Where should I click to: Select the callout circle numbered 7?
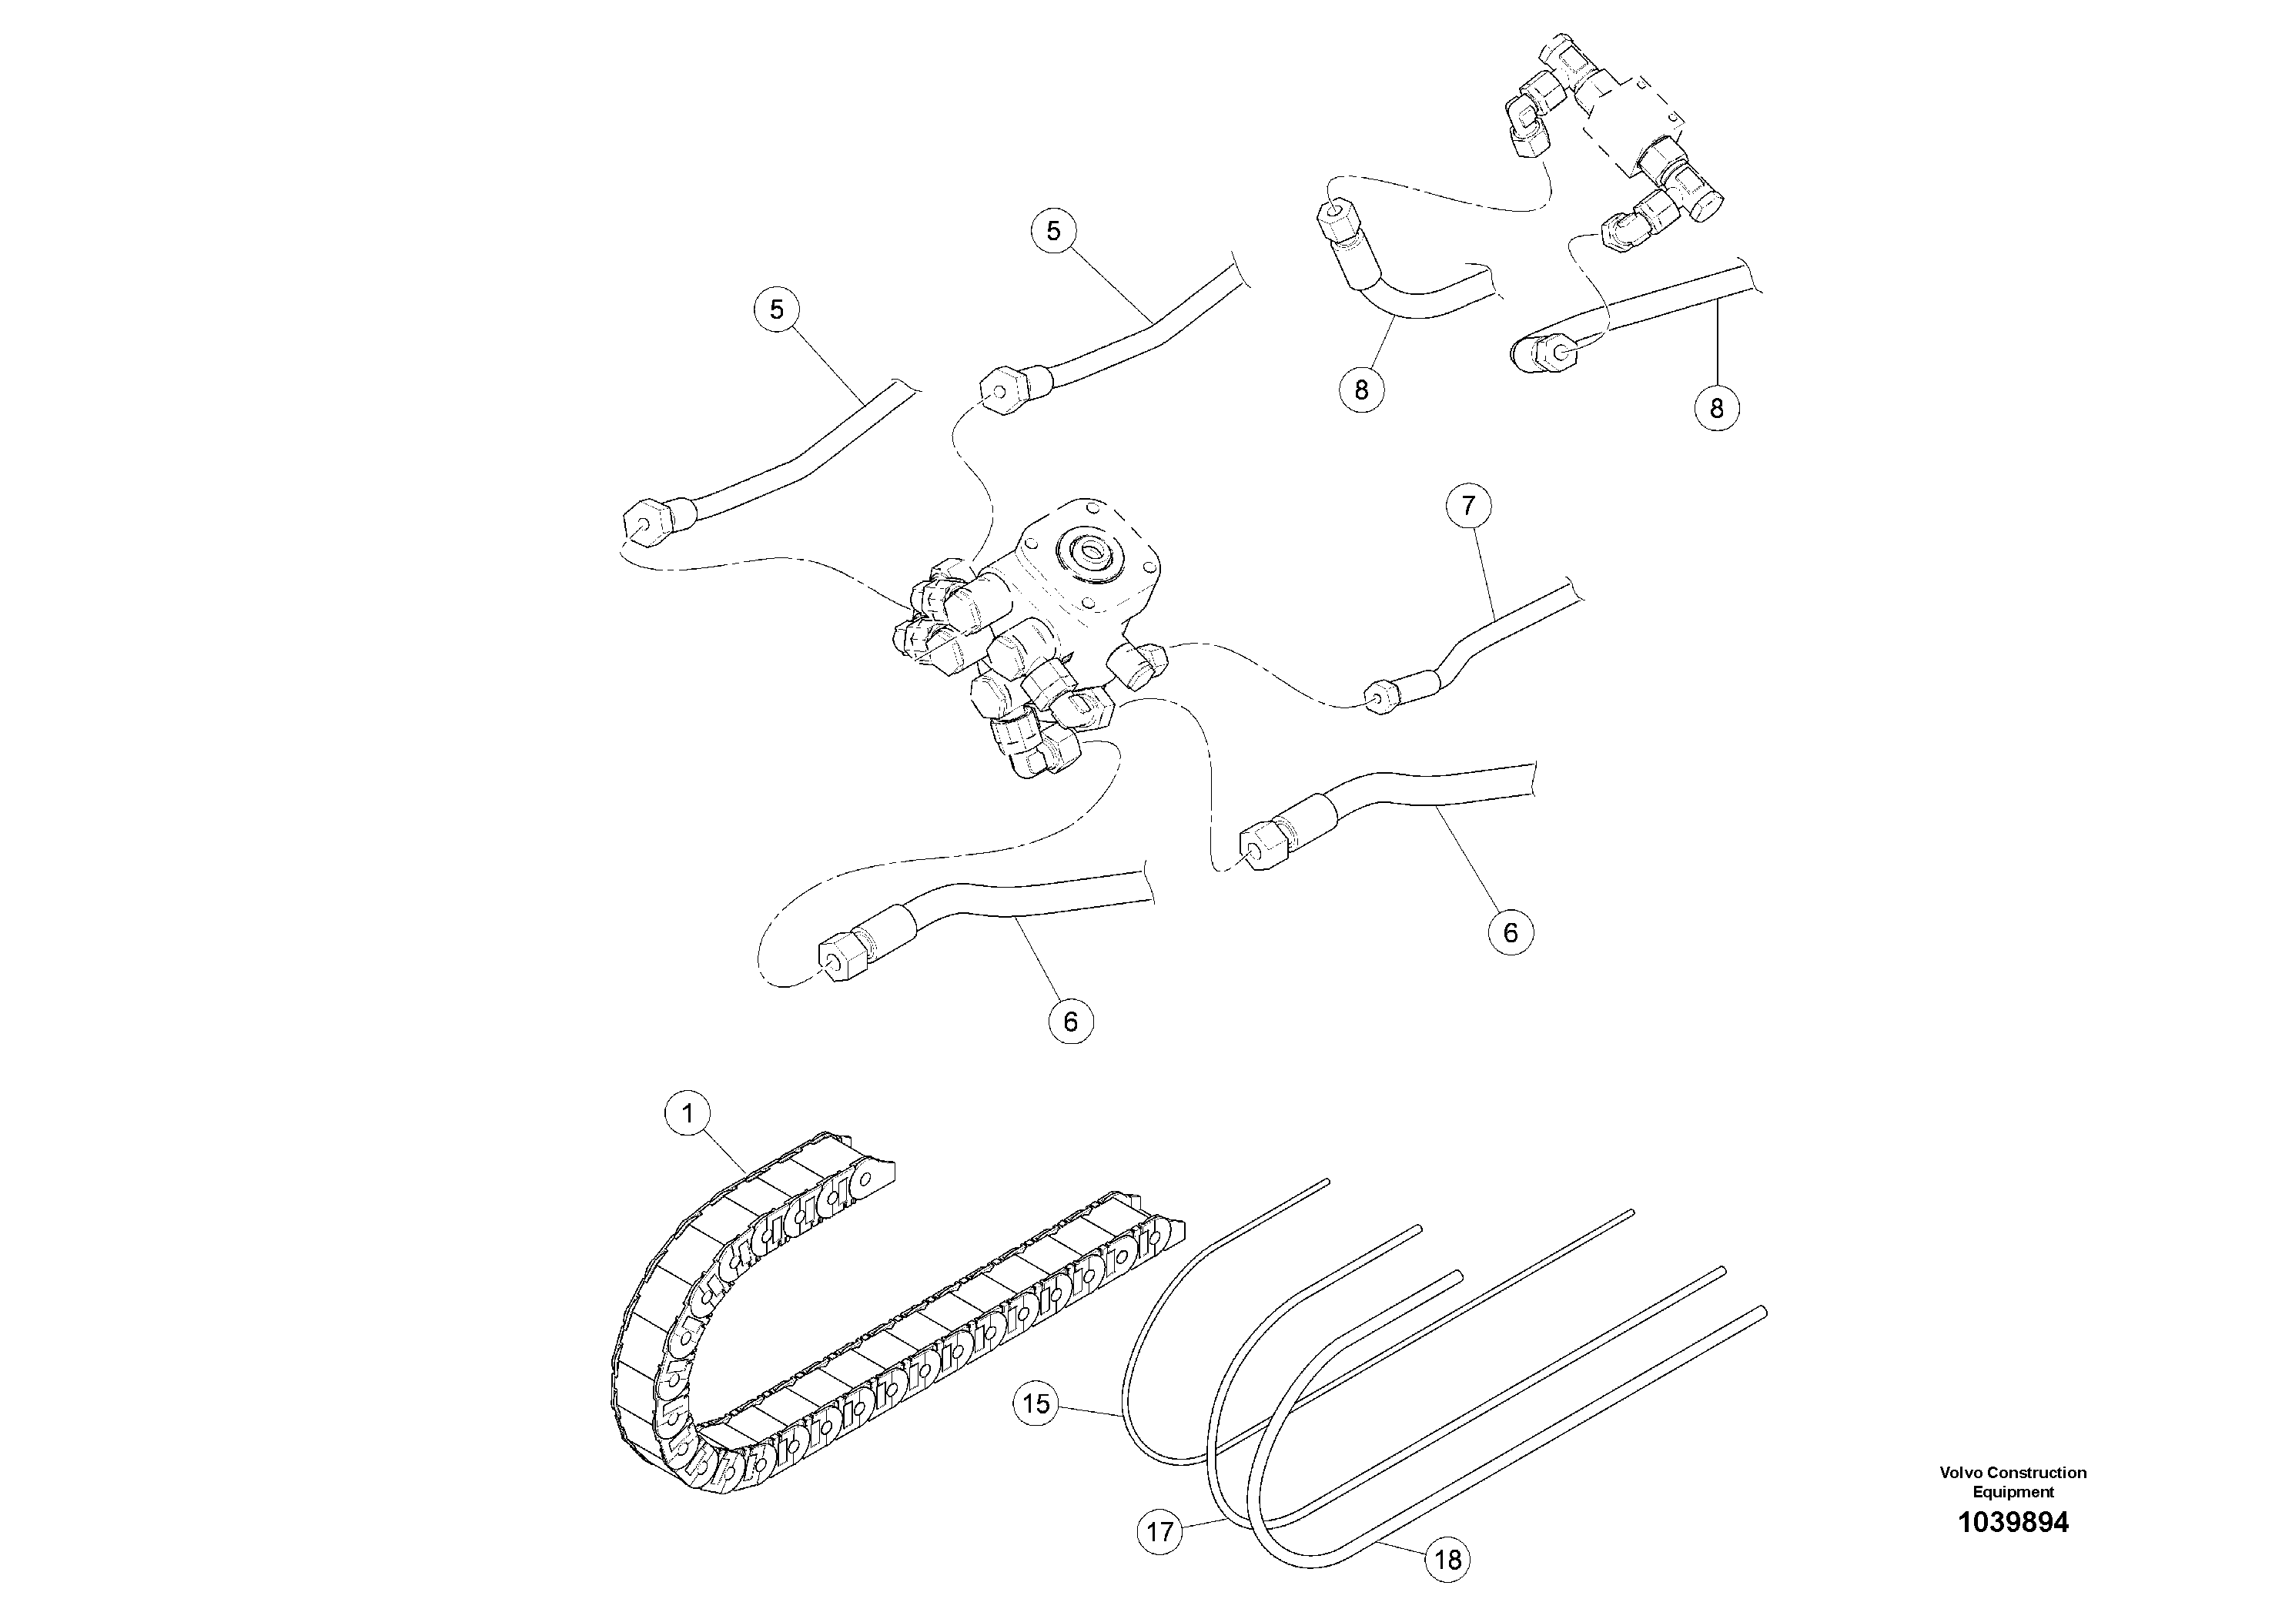tap(1468, 506)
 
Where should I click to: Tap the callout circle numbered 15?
tap(1036, 1404)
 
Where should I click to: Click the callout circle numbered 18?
tap(1447, 1559)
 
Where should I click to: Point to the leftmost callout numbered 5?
tap(777, 310)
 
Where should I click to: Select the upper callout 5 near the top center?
tap(1053, 232)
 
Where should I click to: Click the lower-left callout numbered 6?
tap(1071, 1021)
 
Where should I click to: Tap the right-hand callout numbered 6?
tap(1511, 932)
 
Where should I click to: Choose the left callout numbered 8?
tap(1362, 390)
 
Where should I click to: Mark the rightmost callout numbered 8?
tap(1717, 408)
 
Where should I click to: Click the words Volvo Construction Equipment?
tap(2013, 1482)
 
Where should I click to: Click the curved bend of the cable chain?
tap(639, 1337)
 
